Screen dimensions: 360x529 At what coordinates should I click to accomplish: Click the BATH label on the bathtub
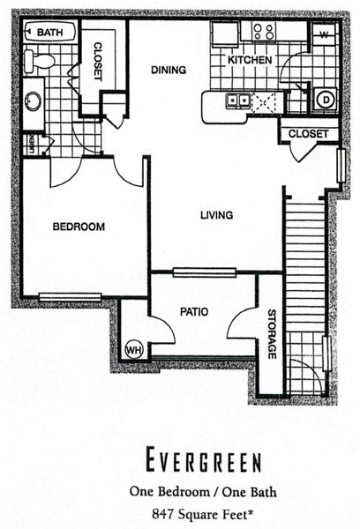click(x=49, y=33)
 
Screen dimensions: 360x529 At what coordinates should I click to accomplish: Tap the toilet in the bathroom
click(x=39, y=62)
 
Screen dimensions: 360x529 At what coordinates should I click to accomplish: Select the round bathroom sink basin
click(x=33, y=101)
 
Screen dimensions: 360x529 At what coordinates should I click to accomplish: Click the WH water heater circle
click(x=134, y=350)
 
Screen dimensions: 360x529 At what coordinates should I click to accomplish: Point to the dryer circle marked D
click(x=326, y=100)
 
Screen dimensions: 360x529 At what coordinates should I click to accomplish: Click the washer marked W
click(x=324, y=34)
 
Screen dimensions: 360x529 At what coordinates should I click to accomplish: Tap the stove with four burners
click(x=264, y=32)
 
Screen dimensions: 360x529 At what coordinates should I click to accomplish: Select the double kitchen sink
click(x=238, y=101)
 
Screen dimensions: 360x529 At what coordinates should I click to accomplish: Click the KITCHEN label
click(x=250, y=60)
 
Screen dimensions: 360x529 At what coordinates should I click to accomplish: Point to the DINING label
click(x=169, y=70)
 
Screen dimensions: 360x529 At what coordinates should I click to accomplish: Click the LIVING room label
click(x=216, y=215)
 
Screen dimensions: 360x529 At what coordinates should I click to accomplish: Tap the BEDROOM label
click(x=79, y=227)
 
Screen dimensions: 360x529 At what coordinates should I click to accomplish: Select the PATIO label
click(x=194, y=312)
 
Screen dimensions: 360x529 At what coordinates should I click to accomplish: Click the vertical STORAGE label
click(x=272, y=334)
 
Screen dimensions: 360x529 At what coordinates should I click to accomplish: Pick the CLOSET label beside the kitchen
click(x=308, y=134)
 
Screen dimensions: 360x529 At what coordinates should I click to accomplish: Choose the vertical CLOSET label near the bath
click(x=97, y=61)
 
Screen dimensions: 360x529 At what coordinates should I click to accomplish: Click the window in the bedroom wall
click(x=70, y=297)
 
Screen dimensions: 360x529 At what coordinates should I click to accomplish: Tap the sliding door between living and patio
click(x=205, y=272)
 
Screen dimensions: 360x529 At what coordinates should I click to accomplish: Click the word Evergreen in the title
click(x=203, y=458)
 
